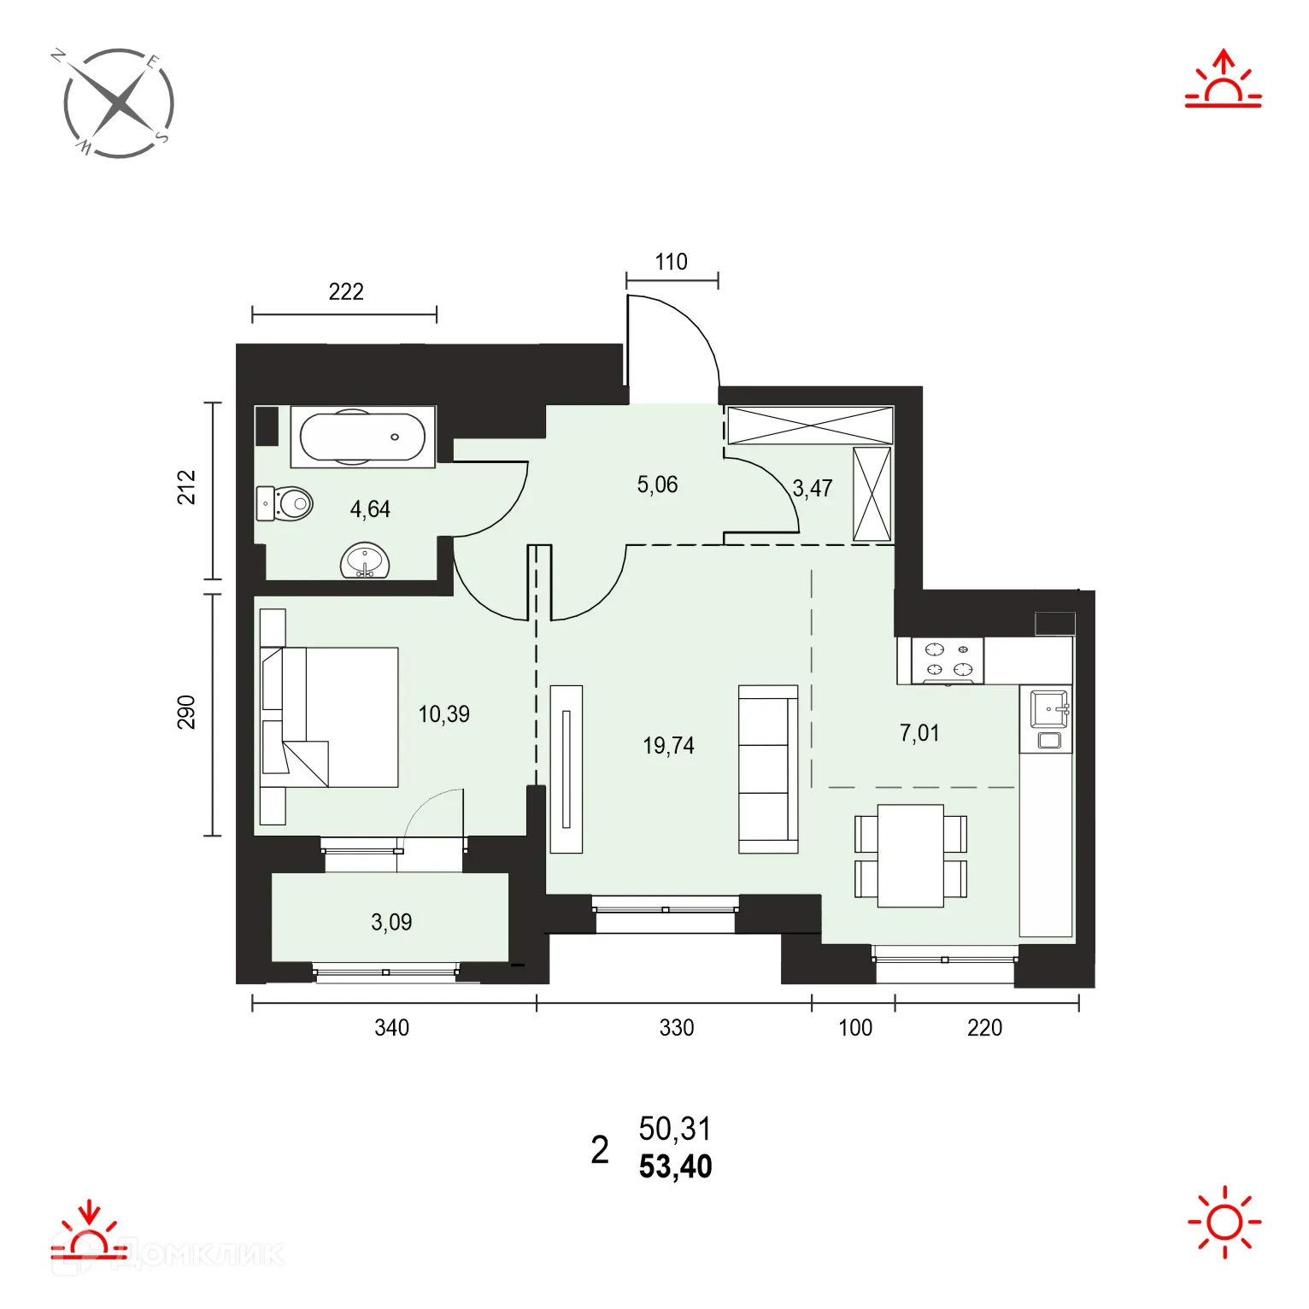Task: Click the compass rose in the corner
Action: (119, 103)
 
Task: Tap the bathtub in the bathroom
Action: (362, 437)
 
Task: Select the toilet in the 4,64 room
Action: (285, 504)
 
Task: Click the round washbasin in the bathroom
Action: (365, 561)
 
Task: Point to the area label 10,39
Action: (443, 714)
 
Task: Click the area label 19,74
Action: (668, 746)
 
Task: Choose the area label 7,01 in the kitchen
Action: (919, 733)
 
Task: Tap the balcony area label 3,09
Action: (391, 922)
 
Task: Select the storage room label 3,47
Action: (812, 489)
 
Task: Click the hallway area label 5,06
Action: (657, 485)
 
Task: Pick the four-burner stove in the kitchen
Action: (948, 660)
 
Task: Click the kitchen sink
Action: (1048, 709)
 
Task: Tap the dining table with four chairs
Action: (911, 855)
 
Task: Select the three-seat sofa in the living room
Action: (768, 769)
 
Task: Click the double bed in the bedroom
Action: (329, 717)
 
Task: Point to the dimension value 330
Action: (676, 1028)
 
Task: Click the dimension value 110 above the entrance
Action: (671, 262)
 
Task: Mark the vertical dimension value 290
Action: (186, 713)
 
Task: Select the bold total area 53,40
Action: (675, 1167)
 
